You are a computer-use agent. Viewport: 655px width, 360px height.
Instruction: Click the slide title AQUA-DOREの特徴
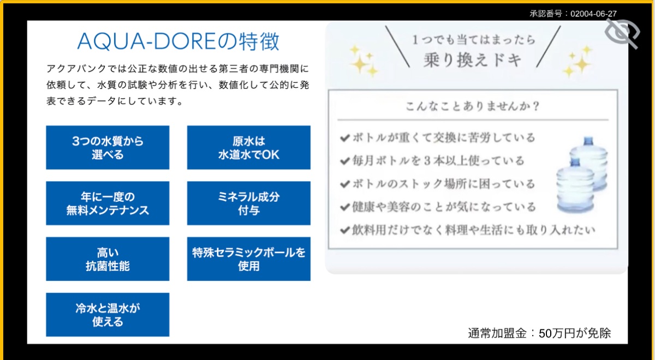coord(178,41)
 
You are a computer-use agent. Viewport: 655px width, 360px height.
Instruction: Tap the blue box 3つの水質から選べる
coord(108,148)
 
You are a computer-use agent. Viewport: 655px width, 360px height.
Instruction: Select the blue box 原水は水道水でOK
coord(249,148)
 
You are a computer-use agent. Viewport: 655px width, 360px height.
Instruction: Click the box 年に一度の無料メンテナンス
coord(108,203)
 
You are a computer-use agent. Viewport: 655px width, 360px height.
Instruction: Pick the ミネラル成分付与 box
coord(249,203)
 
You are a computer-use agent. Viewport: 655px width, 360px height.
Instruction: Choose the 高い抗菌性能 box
coord(108,259)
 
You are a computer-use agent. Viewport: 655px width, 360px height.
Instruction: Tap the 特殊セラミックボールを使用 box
coord(249,259)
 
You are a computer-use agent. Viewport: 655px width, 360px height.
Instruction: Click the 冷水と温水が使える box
coord(108,315)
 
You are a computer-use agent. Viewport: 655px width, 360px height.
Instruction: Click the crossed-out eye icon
coord(622,34)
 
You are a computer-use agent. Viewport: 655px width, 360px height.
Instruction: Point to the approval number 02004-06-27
coord(593,14)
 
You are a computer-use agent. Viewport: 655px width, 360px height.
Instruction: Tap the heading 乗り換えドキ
coord(473,60)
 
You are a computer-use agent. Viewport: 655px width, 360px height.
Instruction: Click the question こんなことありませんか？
coord(473,106)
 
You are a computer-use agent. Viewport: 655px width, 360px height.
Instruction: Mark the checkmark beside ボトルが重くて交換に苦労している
coord(345,137)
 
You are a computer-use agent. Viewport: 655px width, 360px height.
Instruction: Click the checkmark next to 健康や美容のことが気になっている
coord(345,207)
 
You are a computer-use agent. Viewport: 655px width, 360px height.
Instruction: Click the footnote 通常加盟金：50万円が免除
coord(539,333)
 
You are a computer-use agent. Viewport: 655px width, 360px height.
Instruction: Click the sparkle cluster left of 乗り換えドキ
coord(364,61)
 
